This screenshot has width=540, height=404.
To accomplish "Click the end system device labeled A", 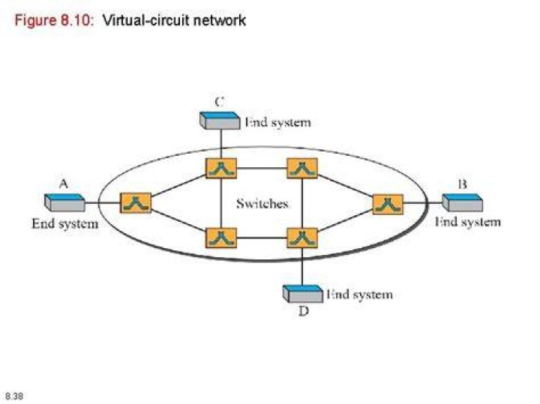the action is [64, 202].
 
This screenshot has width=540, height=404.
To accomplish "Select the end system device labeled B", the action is [463, 202].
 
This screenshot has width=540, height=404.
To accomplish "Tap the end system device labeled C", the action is [220, 121].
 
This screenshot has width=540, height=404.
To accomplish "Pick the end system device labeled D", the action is [303, 294].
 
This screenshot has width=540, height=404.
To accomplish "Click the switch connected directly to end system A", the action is [136, 203].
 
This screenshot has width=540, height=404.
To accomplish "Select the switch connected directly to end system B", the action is [388, 204].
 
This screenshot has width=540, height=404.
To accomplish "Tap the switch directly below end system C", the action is [221, 169].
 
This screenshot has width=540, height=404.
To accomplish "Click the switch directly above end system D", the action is [302, 238].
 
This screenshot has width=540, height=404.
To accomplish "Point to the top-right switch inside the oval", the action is [302, 169].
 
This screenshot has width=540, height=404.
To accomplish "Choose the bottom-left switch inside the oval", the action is [221, 238].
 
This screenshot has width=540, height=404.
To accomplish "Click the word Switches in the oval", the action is [262, 204].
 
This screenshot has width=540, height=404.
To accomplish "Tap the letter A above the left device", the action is [64, 184].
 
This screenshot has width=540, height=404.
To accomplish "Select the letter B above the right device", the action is [463, 184].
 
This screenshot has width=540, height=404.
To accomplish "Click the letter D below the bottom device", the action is [304, 311].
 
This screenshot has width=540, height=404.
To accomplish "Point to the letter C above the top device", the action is [219, 102].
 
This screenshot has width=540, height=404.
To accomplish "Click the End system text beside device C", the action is [278, 122].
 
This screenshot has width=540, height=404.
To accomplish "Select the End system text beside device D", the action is [359, 295].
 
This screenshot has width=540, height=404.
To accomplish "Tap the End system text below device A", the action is [65, 223].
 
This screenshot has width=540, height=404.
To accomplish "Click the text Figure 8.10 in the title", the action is [54, 20].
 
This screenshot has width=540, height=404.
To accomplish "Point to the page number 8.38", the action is [14, 396].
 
